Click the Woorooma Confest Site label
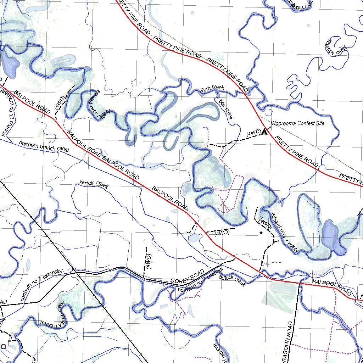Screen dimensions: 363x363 [x=297, y=123]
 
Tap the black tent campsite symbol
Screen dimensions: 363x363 [x=264, y=132]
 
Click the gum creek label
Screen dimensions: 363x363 [x=212, y=88]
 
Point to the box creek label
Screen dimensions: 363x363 [x=226, y=109]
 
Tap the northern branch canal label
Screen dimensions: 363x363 [x=44, y=146]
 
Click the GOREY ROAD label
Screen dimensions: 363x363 [x=187, y=277]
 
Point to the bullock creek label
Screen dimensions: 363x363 [x=232, y=281]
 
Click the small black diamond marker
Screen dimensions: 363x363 [x=261, y=233]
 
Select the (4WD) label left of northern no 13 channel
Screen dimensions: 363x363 [x=59, y=103]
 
